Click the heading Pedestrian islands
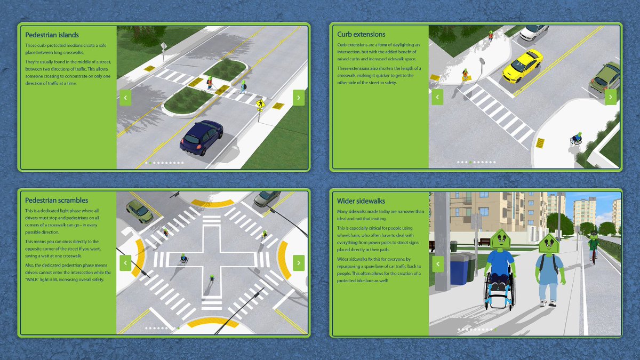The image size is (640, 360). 52,35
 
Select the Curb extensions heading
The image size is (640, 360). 361,34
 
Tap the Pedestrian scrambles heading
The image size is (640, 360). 57,201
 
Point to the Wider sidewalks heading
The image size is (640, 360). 361,201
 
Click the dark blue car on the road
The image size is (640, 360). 201,137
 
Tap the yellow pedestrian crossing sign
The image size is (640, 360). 260,103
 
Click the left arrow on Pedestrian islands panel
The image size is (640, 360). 125,98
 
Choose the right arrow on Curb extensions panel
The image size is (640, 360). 611,97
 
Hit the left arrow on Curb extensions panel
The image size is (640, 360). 437,97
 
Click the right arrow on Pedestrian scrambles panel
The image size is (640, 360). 299,262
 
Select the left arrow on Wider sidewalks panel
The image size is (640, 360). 437,263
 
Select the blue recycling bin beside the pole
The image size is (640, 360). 458,268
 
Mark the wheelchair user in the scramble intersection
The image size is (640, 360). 183,259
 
